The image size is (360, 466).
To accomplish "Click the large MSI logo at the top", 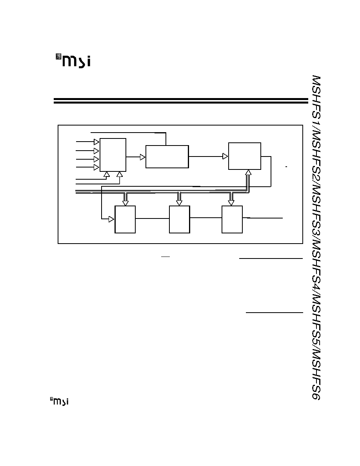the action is (73, 61).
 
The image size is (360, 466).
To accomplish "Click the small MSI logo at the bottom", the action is (59, 401).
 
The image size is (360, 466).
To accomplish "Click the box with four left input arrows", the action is (113, 155).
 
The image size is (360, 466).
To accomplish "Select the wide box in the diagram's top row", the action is (167, 157).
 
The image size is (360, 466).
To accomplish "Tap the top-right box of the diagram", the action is (245, 156).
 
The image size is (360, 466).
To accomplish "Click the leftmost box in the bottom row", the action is (125, 219).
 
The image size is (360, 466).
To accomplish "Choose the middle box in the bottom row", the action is (179, 219).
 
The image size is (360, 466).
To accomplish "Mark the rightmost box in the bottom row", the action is (232, 219).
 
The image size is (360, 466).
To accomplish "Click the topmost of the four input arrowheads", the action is (96, 142).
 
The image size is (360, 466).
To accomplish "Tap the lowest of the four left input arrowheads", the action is (96, 167).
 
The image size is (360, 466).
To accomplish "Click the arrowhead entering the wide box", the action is (143, 157).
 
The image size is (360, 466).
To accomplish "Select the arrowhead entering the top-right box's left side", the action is (225, 156).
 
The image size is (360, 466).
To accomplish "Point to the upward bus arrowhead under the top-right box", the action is (248, 172).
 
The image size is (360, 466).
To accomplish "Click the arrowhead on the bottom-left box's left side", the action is (112, 219).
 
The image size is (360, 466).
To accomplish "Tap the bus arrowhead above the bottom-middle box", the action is (179, 203).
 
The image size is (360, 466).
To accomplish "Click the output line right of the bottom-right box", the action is (263, 218).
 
